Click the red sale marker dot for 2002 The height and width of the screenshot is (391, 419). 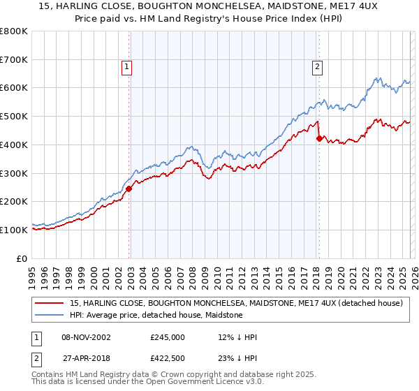128,189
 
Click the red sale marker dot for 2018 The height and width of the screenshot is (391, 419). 319,138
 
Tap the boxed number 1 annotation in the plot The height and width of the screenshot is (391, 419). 127,67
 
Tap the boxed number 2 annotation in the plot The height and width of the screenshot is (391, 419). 317,67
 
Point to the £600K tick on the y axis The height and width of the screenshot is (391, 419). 14,88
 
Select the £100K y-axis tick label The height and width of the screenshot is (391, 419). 14,230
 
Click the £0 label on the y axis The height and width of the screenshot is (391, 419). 21,258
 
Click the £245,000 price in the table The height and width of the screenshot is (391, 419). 167,337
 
